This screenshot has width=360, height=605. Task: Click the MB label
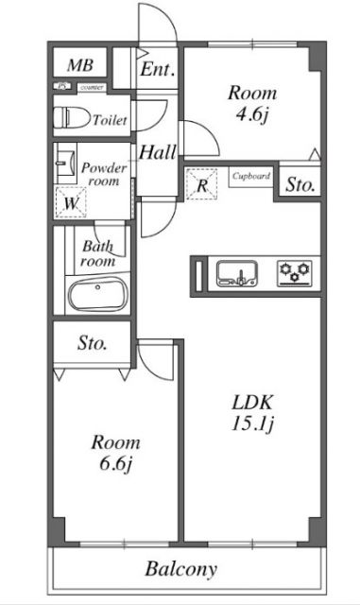point(80,65)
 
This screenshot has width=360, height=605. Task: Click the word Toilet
point(110,120)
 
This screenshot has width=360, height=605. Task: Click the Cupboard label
point(251,176)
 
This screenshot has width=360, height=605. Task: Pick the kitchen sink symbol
point(237,274)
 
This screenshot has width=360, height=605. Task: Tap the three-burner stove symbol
point(294,274)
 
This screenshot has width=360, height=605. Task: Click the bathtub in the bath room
point(98,295)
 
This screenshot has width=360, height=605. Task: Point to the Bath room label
point(97,253)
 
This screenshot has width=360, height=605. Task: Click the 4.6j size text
point(252,118)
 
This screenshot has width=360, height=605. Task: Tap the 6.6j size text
point(116,465)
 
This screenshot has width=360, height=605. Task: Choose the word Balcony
point(180,570)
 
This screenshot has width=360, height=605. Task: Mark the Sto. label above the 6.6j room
point(92,343)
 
